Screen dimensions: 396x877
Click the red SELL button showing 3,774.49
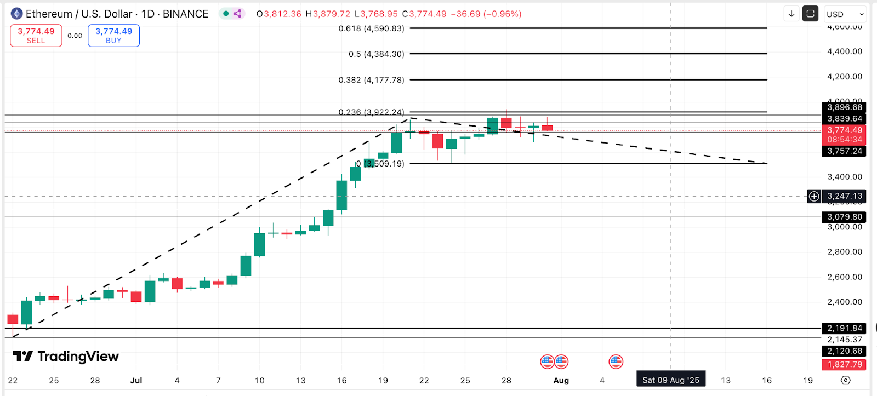point(36,36)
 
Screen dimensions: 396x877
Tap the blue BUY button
point(113,36)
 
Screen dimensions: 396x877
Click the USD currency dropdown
point(845,14)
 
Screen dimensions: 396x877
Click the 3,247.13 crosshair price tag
point(844,196)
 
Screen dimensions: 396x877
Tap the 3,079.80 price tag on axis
point(844,217)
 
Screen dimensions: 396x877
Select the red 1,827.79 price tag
point(844,364)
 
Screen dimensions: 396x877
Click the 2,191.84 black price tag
point(844,328)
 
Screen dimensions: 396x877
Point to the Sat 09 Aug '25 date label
point(670,380)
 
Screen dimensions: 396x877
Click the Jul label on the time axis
point(136,380)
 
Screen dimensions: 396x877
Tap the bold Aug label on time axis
point(561,380)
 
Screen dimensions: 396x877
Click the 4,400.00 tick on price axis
point(844,51)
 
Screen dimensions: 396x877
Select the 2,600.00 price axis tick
point(844,277)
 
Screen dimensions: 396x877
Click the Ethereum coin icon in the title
point(16,14)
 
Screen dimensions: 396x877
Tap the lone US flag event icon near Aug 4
point(616,361)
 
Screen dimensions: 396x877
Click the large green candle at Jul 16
point(341,196)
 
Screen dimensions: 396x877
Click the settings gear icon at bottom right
point(845,380)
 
